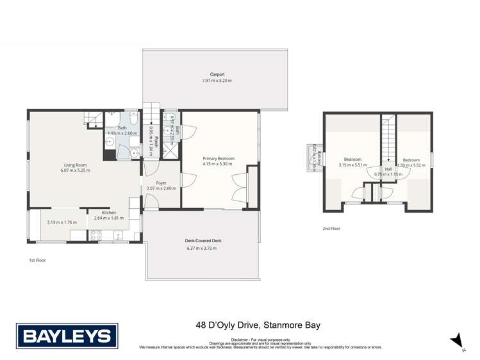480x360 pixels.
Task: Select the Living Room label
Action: pyautogui.click(x=75, y=165)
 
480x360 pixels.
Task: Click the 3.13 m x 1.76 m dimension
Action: pyautogui.click(x=62, y=222)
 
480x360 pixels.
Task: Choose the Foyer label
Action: pyautogui.click(x=161, y=183)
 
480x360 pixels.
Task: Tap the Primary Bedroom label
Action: pyautogui.click(x=219, y=158)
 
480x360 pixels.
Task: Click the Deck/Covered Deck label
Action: pyautogui.click(x=203, y=241)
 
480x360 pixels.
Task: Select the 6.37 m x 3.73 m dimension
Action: pyautogui.click(x=203, y=249)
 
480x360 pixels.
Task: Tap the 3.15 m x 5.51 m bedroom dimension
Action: pyautogui.click(x=352, y=165)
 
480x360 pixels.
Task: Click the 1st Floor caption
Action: pyautogui.click(x=37, y=261)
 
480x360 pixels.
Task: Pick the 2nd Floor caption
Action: pyautogui.click(x=331, y=229)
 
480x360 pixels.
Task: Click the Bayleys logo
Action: pyautogui.click(x=66, y=335)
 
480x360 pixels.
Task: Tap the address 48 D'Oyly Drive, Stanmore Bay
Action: pyautogui.click(x=258, y=325)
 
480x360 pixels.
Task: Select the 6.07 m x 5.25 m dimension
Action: pyautogui.click(x=75, y=170)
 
